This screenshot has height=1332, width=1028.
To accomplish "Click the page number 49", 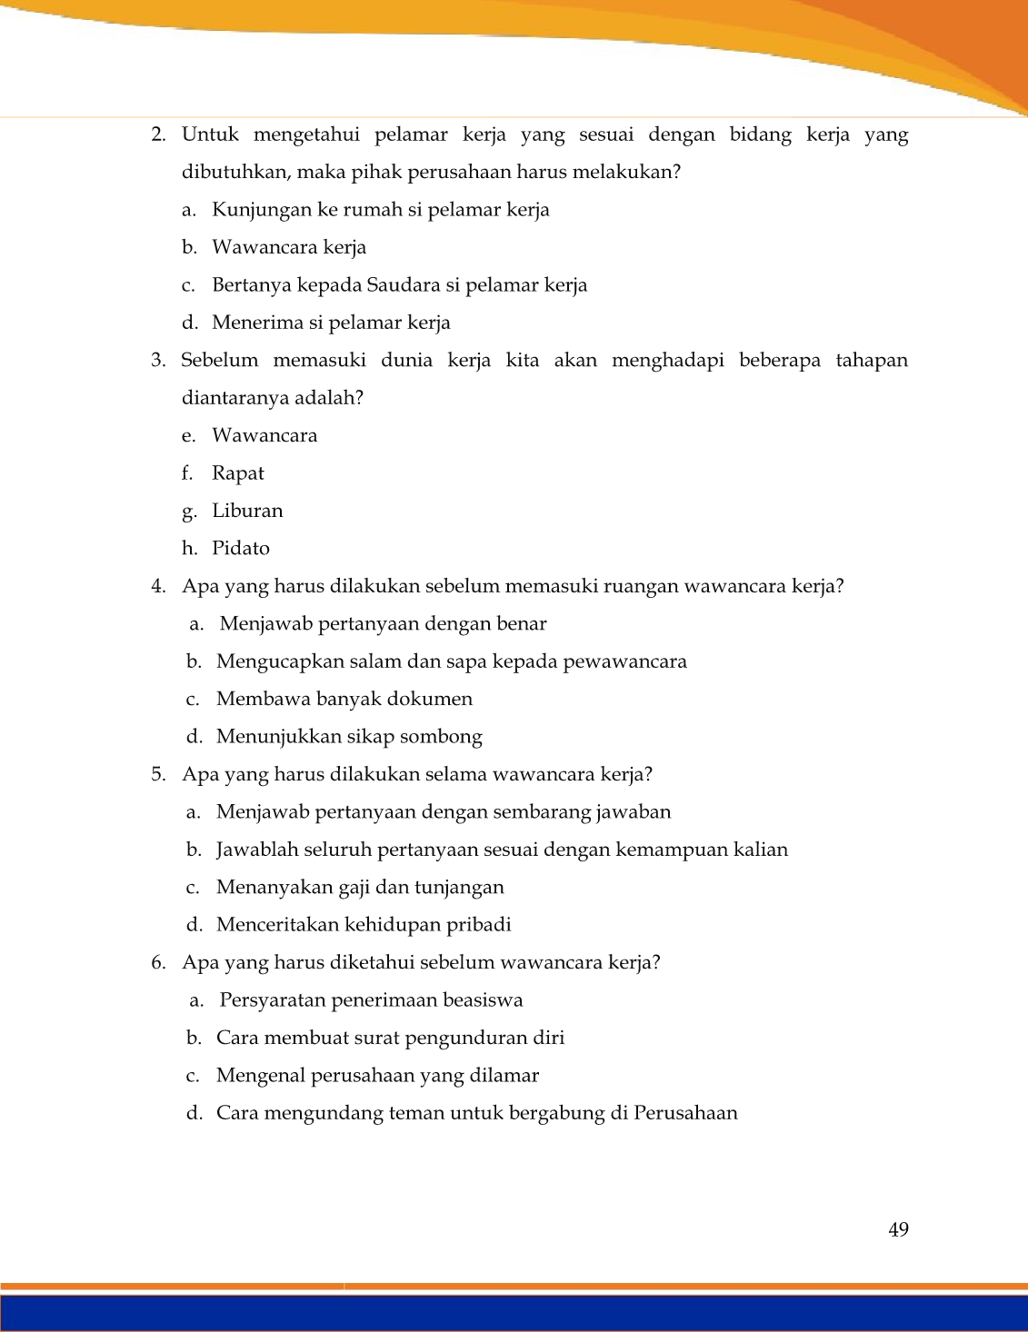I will click(x=898, y=1229).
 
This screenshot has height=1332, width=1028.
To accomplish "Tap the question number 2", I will click(x=158, y=135).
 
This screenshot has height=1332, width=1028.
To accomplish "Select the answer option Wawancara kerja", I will click(x=289, y=248).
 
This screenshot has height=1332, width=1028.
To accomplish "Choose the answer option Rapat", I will click(x=238, y=473).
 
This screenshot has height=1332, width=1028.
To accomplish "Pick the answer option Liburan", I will click(x=247, y=511).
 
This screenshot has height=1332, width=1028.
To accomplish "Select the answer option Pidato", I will click(x=241, y=549).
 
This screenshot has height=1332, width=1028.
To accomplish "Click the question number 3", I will click(x=158, y=361).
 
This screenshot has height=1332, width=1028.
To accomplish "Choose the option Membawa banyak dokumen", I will click(x=344, y=700).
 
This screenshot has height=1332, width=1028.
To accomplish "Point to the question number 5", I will click(x=158, y=775).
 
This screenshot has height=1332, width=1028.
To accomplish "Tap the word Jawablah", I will click(x=251, y=850).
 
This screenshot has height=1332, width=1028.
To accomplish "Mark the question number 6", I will click(x=158, y=963).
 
